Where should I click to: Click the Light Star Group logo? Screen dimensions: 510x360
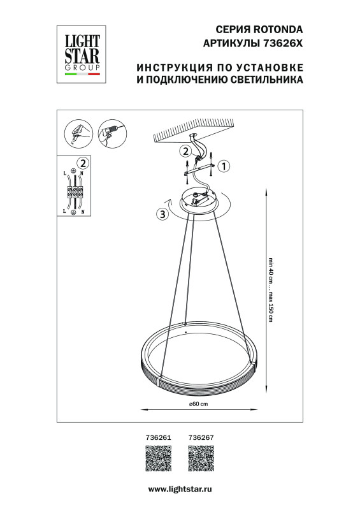pos(81,52)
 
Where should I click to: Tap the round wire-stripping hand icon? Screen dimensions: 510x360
pos(78,134)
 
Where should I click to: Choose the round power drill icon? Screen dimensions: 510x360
pos(112,133)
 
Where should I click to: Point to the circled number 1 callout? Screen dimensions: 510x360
pos(223,166)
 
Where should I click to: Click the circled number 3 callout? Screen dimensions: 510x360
pos(162,214)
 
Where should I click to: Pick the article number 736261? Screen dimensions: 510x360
pos(159,437)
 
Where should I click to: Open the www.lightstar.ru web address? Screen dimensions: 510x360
pos(180,488)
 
